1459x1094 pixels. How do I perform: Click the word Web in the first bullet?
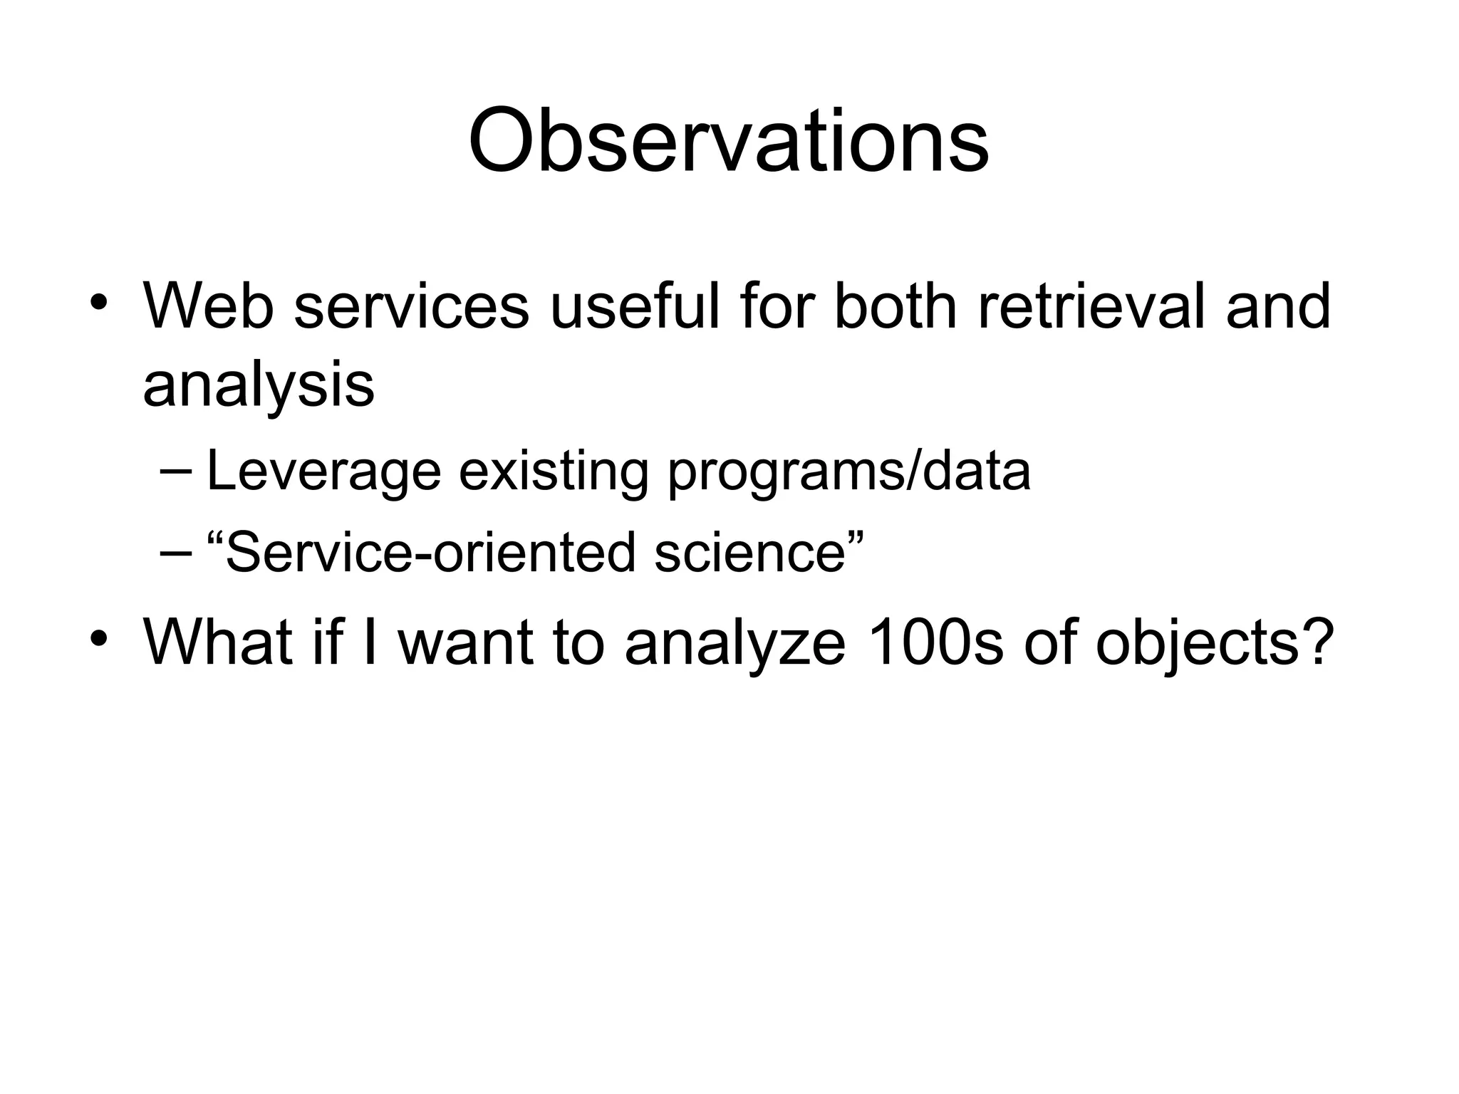pos(208,307)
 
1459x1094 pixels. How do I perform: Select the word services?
pos(412,307)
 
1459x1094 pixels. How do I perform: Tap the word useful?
pos(635,307)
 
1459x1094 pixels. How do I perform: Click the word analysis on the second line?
pos(258,386)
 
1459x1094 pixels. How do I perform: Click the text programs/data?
pos(848,472)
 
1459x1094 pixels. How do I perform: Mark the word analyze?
pos(734,642)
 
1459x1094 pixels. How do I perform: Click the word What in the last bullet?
pos(218,642)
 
